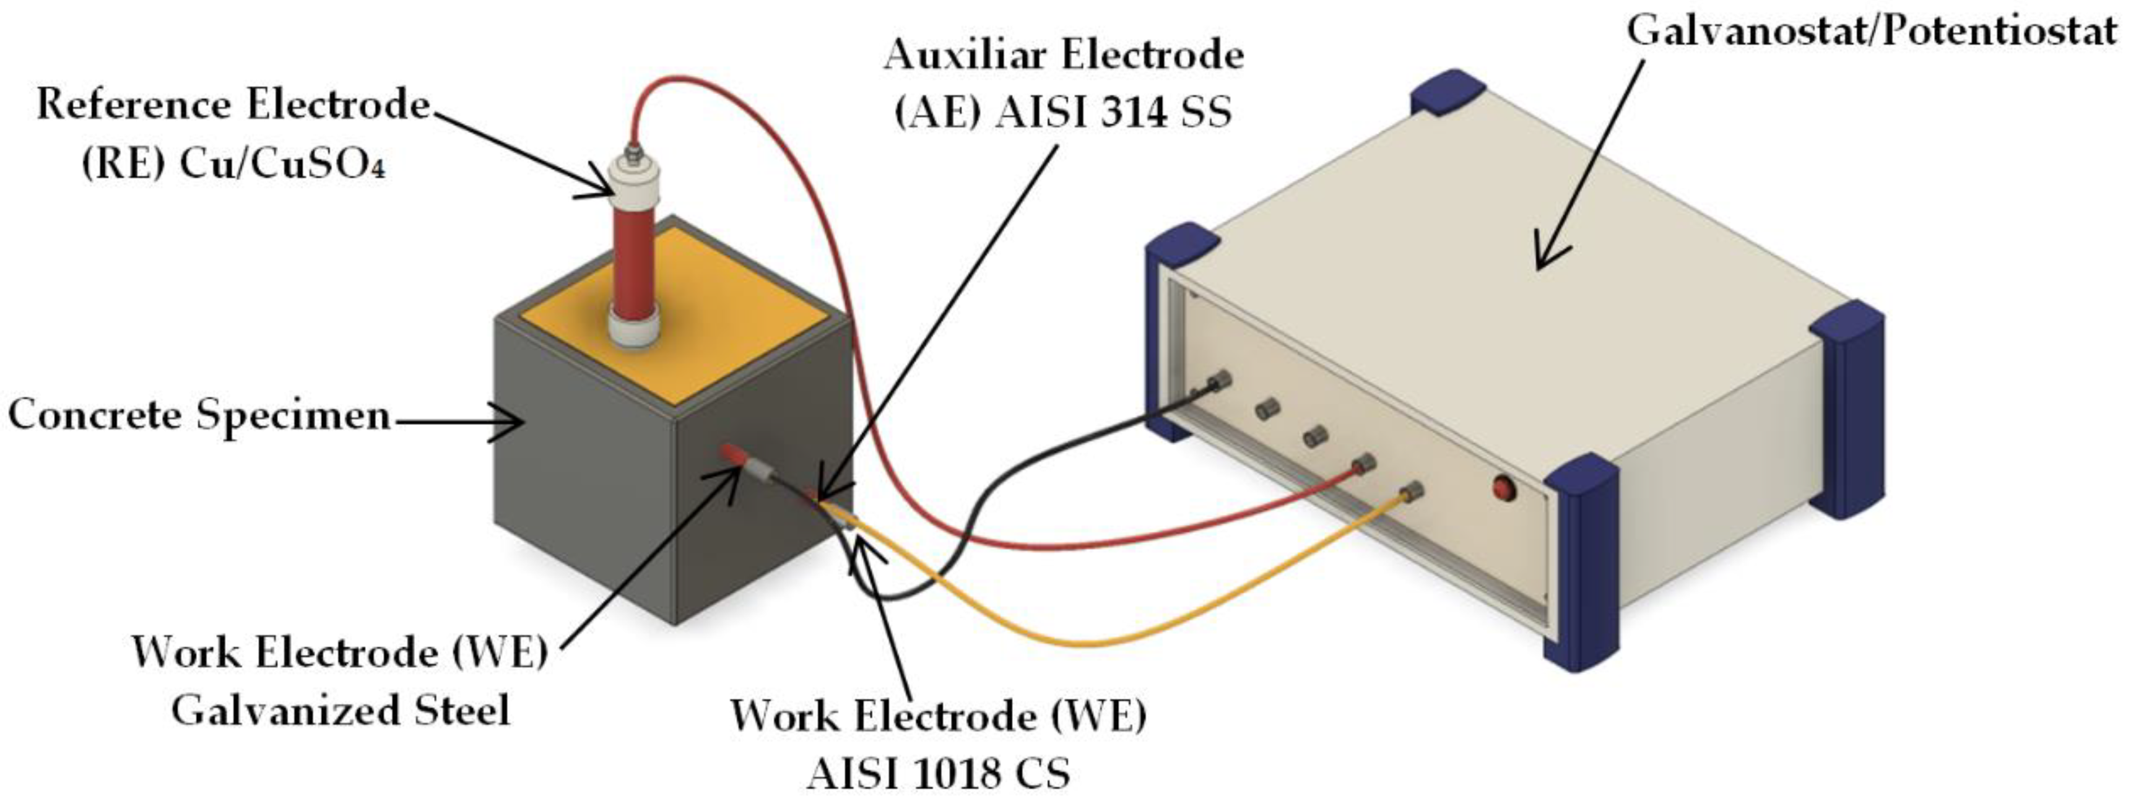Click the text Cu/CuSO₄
(282, 165)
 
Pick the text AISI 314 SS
(1114, 113)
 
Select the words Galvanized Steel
(340, 710)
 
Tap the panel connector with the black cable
(1218, 383)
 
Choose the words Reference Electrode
(233, 105)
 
